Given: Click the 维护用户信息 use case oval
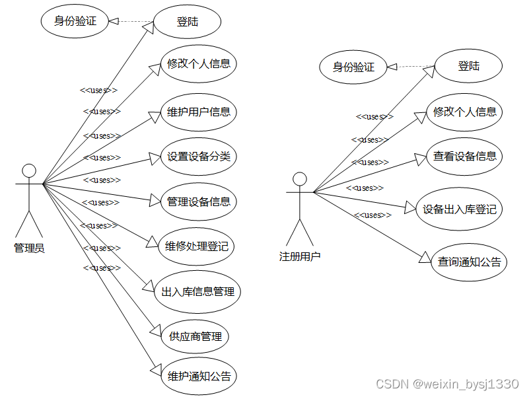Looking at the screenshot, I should pyautogui.click(x=199, y=112).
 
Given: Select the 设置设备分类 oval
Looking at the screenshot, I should pyautogui.click(x=198, y=157).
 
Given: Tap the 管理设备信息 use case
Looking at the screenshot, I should pyautogui.click(x=198, y=201).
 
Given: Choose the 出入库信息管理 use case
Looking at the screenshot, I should pyautogui.click(x=197, y=291).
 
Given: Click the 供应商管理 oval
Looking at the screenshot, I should pyautogui.click(x=195, y=336).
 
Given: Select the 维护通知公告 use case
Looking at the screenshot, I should pyautogui.click(x=199, y=377).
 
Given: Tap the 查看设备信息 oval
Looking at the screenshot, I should pyautogui.click(x=465, y=157).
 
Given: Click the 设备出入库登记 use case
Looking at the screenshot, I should pyautogui.click(x=460, y=209).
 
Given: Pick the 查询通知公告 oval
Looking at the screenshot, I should pyautogui.click(x=469, y=262).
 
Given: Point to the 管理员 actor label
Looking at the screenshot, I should pyautogui.click(x=29, y=248).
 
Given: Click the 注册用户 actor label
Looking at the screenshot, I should pyautogui.click(x=300, y=256).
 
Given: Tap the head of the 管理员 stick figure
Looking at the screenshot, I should pyautogui.click(x=29, y=171).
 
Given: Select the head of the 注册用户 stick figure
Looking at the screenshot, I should pyautogui.click(x=300, y=179).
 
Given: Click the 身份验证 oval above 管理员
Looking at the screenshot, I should pyautogui.click(x=75, y=21).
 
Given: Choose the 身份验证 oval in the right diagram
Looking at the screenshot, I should pyautogui.click(x=353, y=67).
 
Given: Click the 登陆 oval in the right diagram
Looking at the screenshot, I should pyautogui.click(x=469, y=66).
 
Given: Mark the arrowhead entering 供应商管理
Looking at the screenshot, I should pyautogui.click(x=156, y=329).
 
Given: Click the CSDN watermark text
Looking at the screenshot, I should pyautogui.click(x=447, y=384).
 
